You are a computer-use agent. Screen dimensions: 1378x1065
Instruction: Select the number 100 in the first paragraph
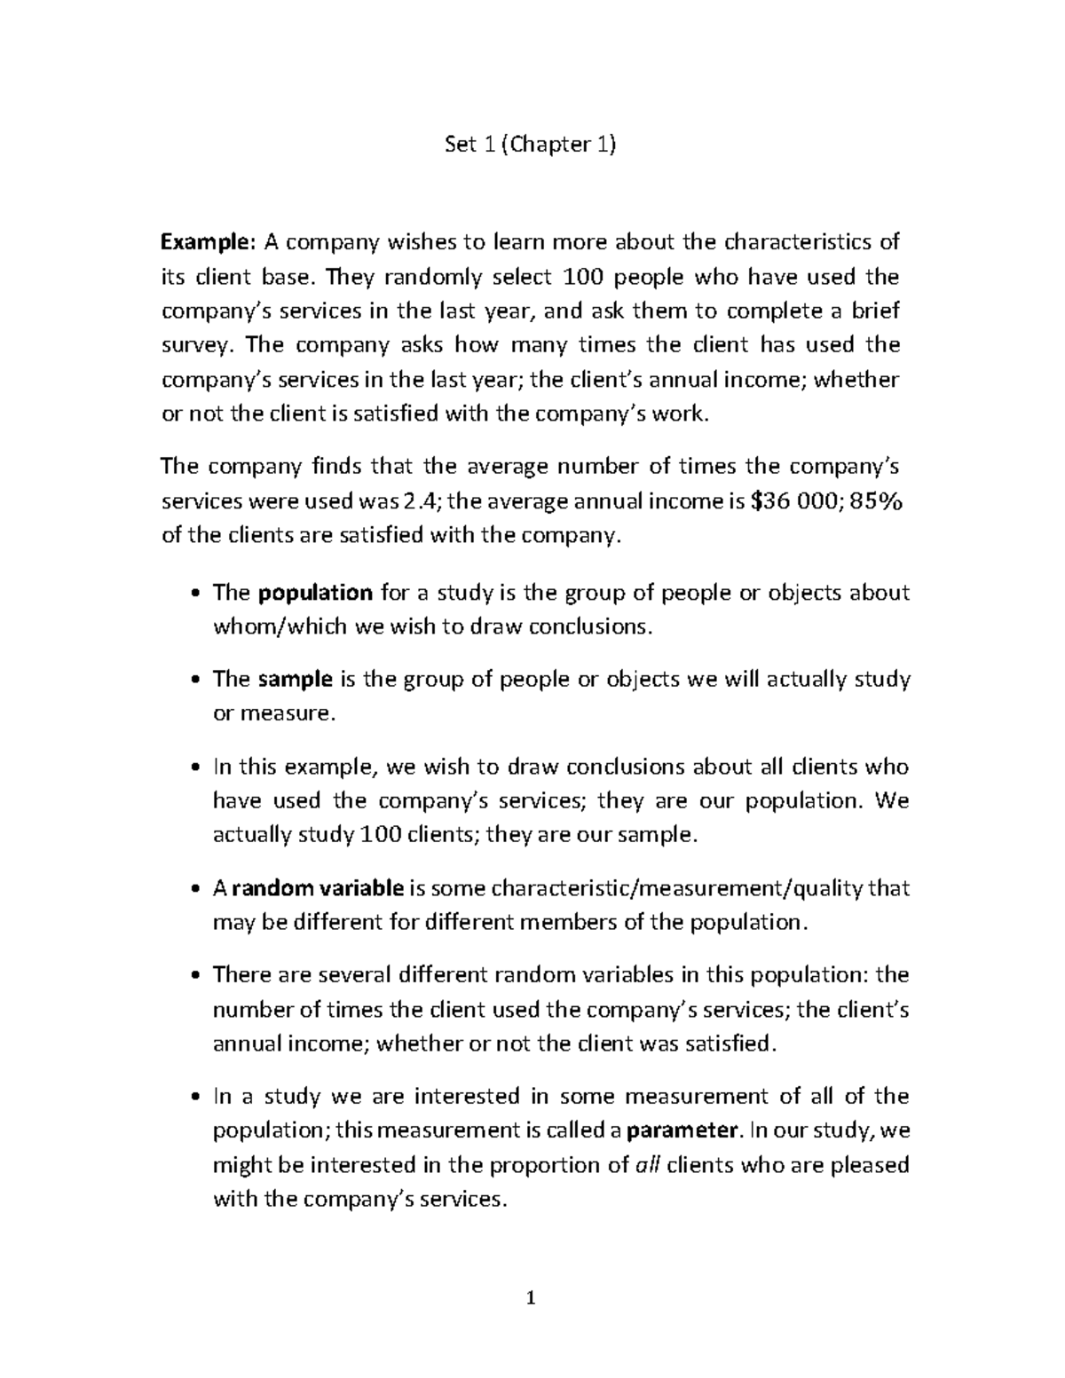click(586, 277)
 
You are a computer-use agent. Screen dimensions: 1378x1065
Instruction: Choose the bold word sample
click(296, 680)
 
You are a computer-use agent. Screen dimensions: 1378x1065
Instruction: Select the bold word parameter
click(682, 1130)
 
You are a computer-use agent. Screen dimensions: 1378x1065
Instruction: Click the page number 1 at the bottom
click(532, 1300)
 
